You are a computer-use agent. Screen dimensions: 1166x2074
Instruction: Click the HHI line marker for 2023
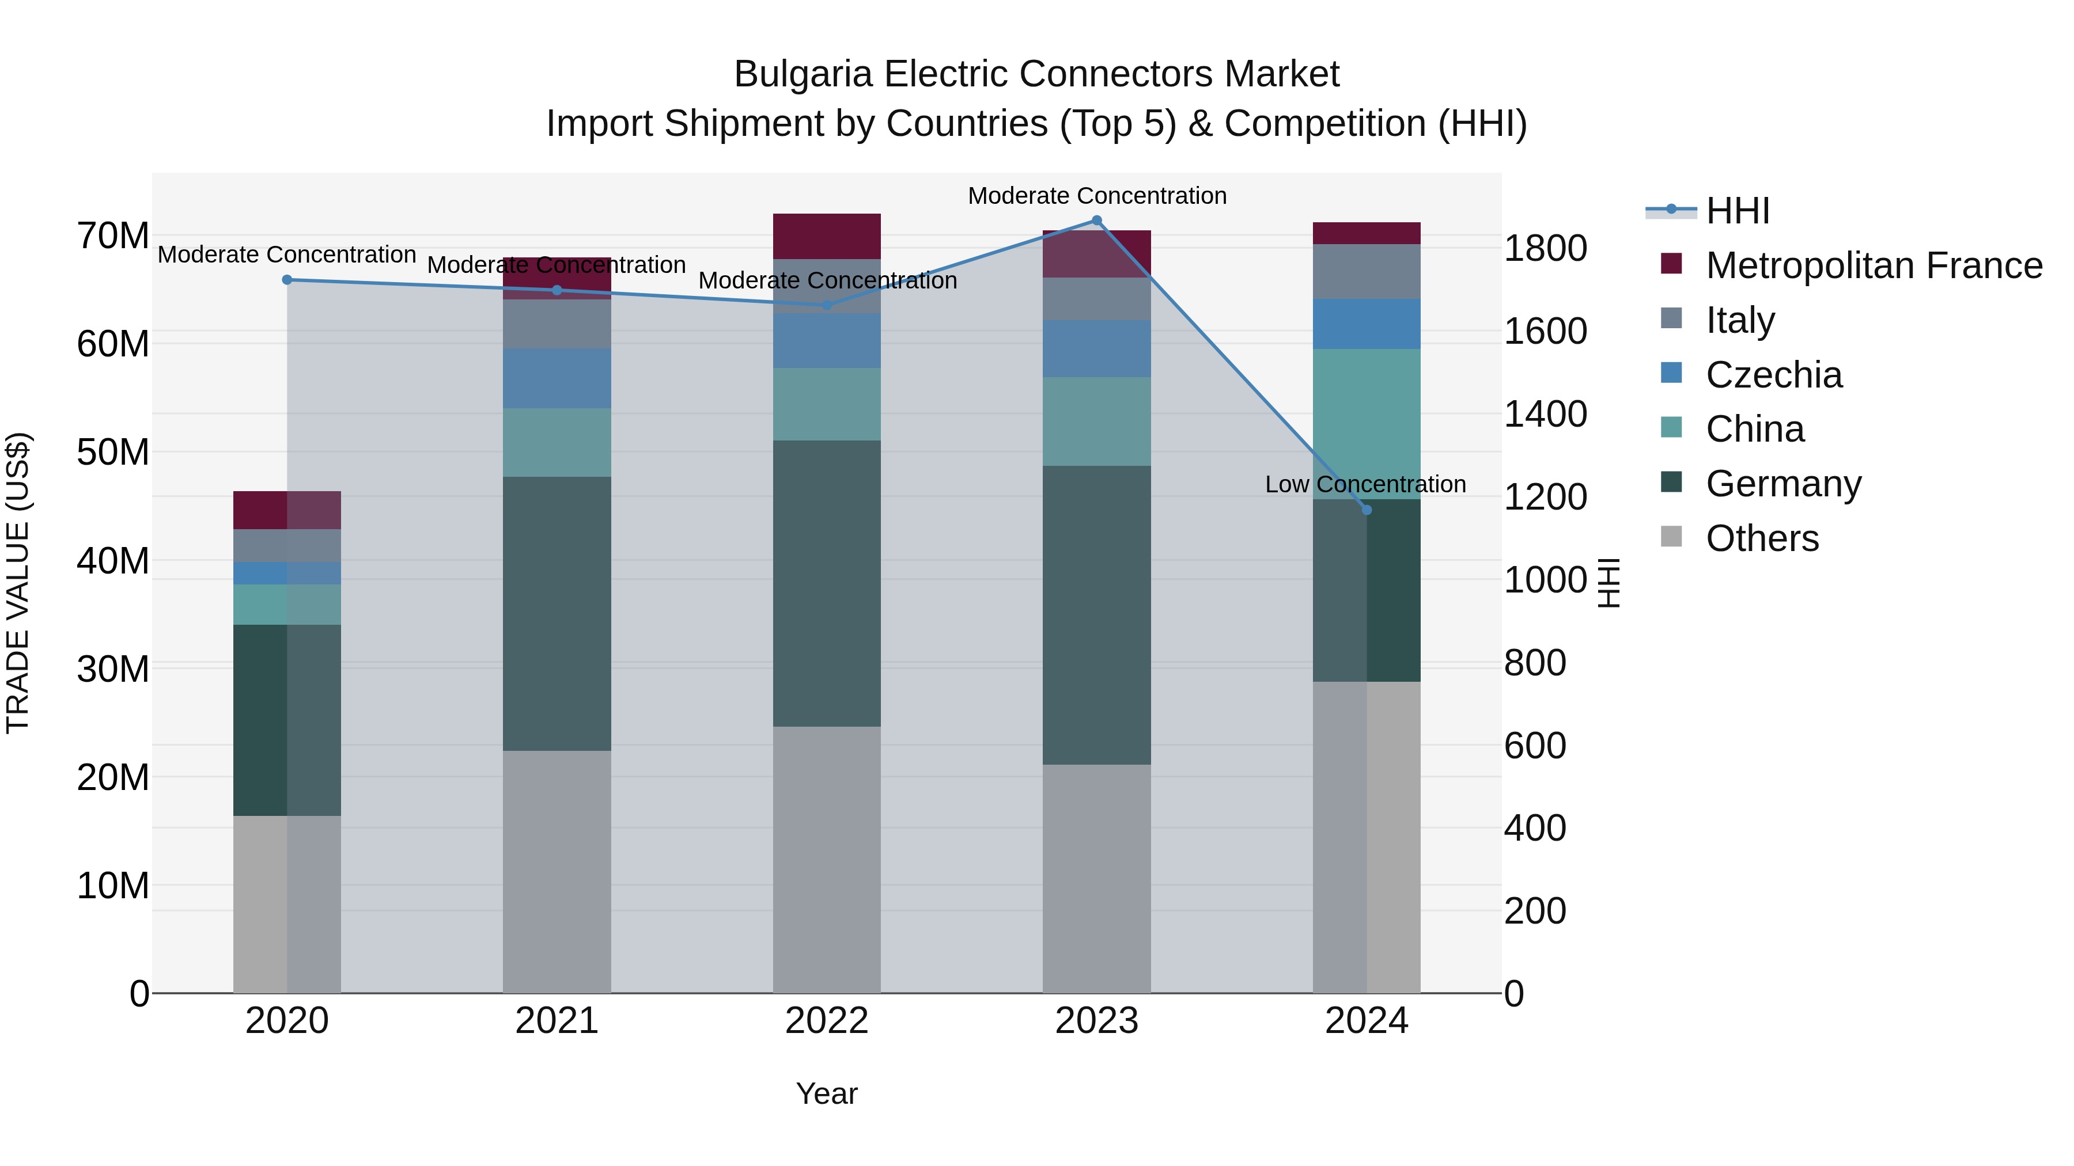coord(1096,220)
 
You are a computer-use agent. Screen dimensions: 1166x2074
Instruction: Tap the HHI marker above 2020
coord(287,279)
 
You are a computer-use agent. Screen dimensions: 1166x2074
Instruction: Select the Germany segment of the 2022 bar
coord(826,583)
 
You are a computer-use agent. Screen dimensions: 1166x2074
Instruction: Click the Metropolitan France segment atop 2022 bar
coord(826,236)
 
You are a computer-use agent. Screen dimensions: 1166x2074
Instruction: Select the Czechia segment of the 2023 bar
coord(1096,348)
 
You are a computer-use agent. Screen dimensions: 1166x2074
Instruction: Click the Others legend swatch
coord(1671,537)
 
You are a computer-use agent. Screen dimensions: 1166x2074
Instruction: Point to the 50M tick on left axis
coord(113,452)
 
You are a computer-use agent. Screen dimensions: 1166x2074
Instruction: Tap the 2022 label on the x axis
coord(826,1021)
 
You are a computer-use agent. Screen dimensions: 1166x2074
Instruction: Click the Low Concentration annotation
coord(1365,484)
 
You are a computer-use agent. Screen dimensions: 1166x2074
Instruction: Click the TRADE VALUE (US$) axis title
coord(18,583)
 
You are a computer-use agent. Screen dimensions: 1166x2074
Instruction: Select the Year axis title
coord(826,1093)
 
